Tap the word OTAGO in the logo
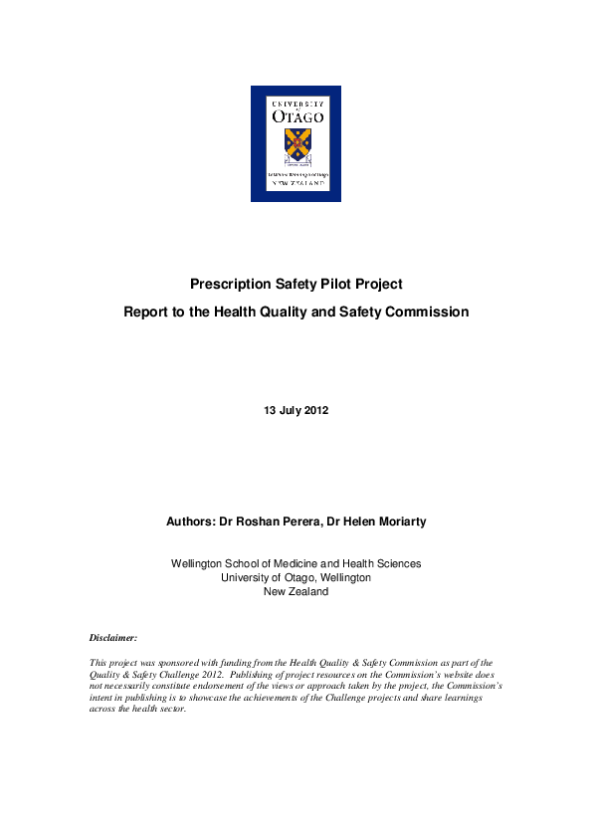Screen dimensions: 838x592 [296, 115]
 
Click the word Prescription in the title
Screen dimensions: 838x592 [232, 284]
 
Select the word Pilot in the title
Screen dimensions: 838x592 [333, 284]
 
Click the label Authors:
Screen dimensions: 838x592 [192, 520]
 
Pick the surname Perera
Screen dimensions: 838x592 [304, 520]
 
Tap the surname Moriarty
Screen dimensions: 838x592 [395, 520]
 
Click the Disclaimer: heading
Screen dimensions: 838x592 [113, 636]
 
